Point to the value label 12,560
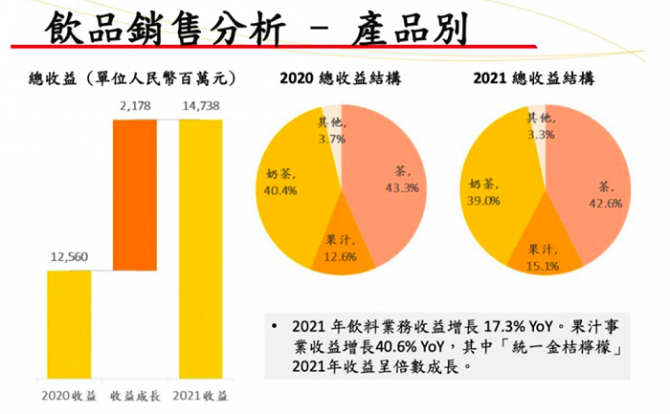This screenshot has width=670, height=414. point(69,257)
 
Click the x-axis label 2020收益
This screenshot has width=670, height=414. point(69,394)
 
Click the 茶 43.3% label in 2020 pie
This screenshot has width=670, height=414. point(401,180)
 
